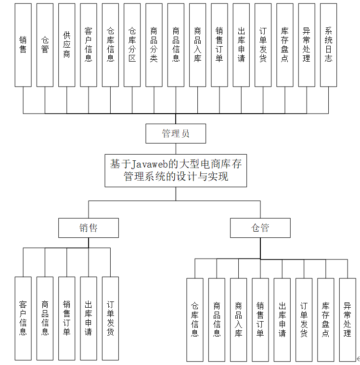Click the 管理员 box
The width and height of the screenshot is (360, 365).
[176, 133]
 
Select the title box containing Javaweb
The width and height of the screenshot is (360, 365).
[176, 170]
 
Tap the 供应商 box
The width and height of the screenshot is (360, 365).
[66, 45]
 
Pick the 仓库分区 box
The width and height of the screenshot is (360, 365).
[132, 45]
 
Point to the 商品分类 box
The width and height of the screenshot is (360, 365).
[154, 45]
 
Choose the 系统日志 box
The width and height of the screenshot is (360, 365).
[328, 45]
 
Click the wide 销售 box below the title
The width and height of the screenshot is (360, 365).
[89, 228]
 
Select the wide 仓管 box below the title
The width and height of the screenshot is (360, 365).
[260, 228]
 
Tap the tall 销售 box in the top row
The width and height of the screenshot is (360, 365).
[23, 45]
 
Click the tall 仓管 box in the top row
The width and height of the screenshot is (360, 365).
[45, 45]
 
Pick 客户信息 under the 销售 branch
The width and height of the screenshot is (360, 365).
[23, 318]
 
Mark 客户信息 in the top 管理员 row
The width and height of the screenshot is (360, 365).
[89, 45]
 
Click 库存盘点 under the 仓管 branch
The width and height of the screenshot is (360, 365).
[325, 320]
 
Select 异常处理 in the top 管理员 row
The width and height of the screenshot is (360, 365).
[307, 45]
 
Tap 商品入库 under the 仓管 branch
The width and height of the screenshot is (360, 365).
[238, 320]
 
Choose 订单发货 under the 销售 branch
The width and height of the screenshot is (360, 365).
[110, 318]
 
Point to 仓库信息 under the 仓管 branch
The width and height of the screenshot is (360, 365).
[195, 320]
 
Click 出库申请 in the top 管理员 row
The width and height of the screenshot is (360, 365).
[241, 45]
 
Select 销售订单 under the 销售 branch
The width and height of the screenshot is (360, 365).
[66, 318]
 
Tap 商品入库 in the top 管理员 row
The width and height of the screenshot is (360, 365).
[197, 45]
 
